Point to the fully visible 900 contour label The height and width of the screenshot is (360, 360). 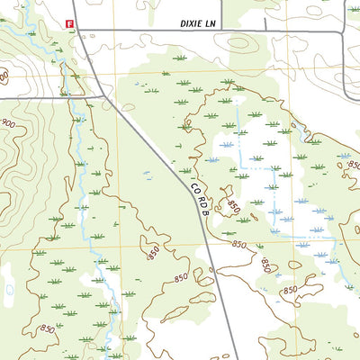(x=9, y=123)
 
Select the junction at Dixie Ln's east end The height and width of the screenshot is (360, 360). (x=343, y=31)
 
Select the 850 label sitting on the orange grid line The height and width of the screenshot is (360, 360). (x=238, y=245)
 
